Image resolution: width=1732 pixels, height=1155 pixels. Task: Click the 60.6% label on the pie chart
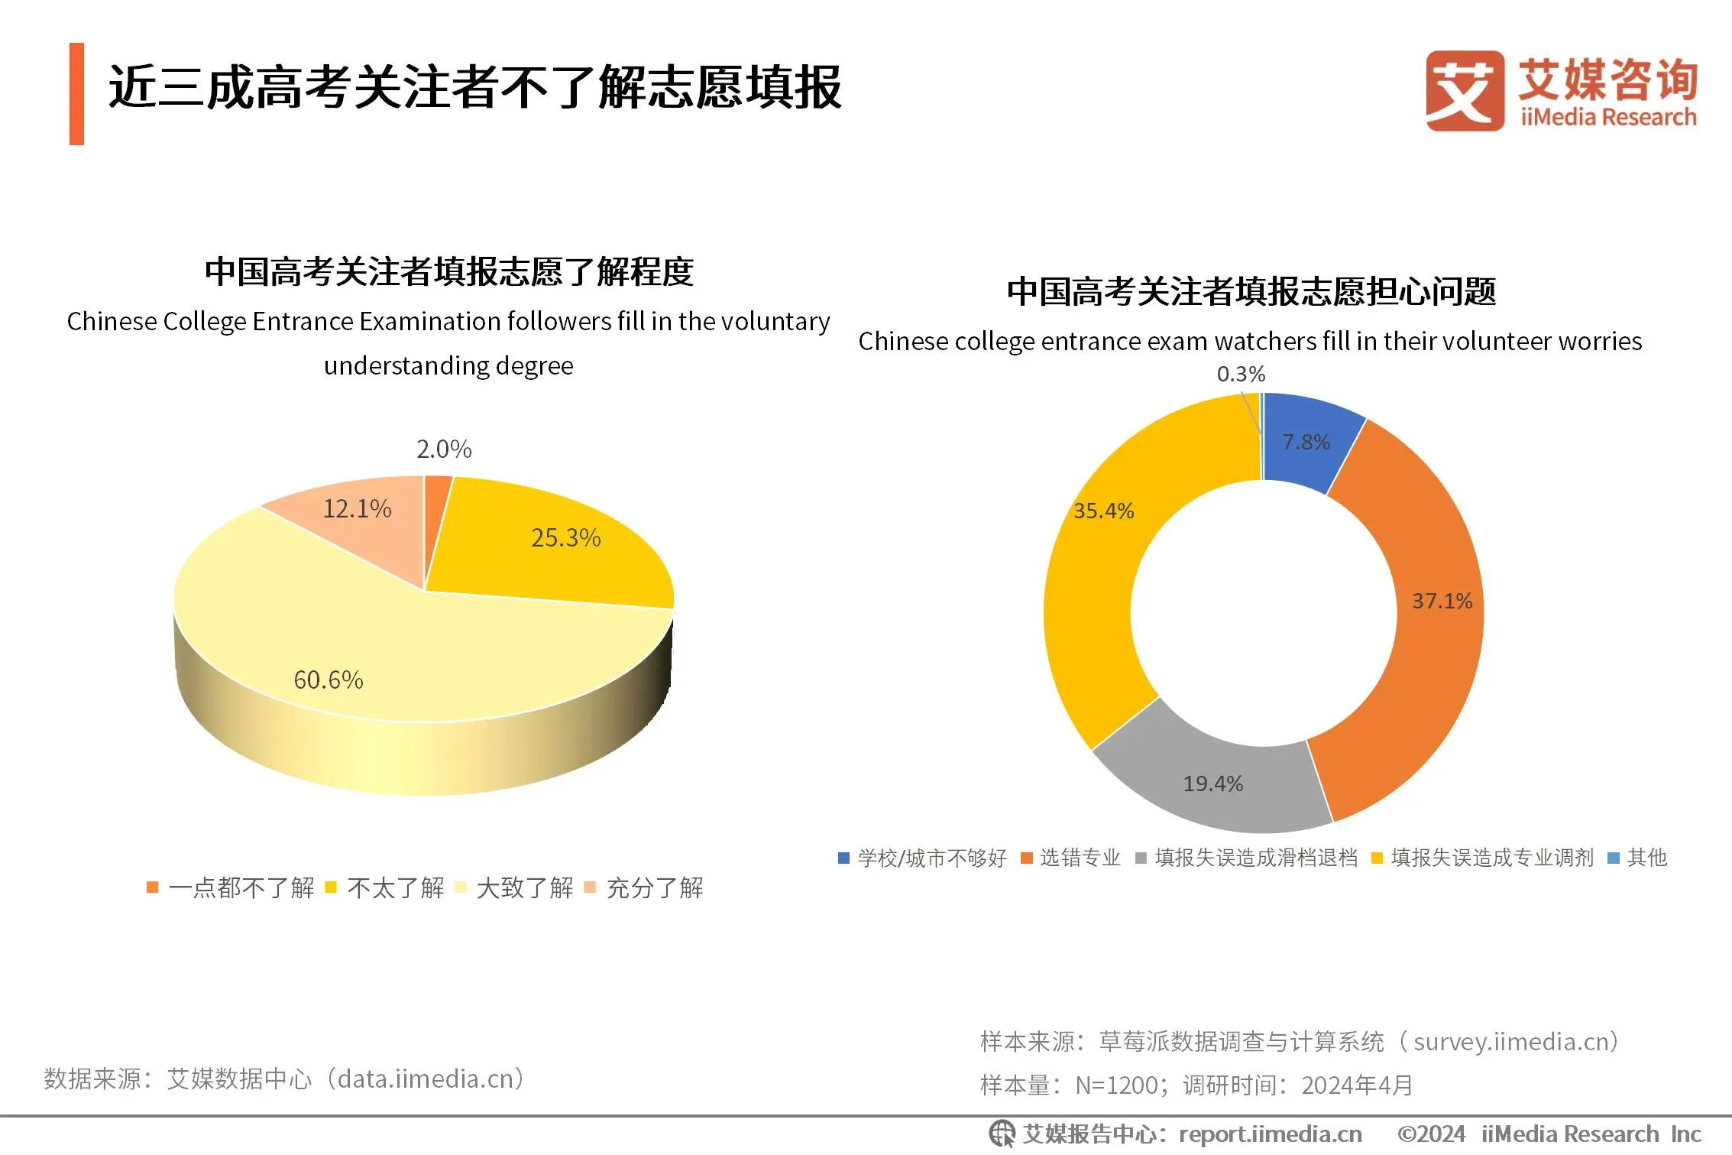click(329, 680)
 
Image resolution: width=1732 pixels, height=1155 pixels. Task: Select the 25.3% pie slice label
click(565, 538)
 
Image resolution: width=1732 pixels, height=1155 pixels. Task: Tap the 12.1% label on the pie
click(357, 508)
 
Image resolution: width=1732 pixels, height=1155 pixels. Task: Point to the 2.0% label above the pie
click(444, 449)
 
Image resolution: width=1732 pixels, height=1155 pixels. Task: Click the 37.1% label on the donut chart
click(1442, 601)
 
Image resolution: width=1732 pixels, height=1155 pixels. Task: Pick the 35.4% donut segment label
click(1103, 511)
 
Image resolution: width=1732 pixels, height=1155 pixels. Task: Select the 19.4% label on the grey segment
click(1213, 784)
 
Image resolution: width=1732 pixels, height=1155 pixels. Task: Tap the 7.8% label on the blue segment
click(1306, 442)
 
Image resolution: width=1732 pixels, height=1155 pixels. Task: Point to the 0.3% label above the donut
click(1241, 374)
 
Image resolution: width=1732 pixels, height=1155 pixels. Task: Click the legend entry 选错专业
click(1080, 858)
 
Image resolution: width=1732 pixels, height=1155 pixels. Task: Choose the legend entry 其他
click(1646, 858)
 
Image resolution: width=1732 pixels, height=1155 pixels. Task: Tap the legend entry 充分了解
click(654, 887)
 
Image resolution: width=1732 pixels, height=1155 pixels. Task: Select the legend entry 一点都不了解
click(241, 887)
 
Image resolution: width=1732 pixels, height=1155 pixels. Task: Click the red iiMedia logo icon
click(1465, 91)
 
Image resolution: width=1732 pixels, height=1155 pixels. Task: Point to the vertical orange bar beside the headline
click(76, 93)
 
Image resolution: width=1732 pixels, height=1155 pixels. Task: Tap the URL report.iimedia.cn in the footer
click(1270, 1134)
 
